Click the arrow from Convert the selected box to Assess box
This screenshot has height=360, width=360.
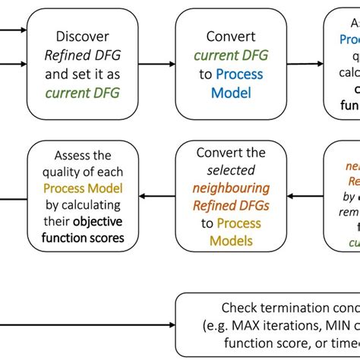(x=157, y=197)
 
